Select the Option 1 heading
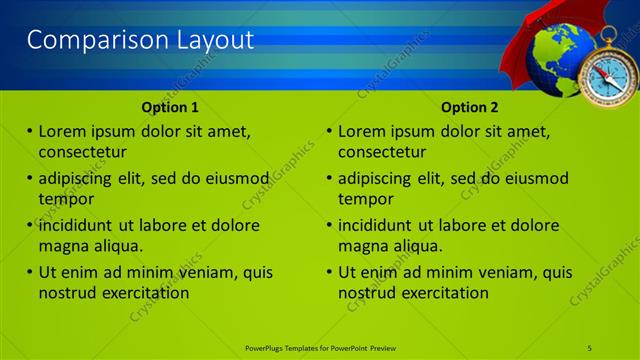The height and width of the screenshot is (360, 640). [x=170, y=107]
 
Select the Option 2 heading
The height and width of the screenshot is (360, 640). [x=470, y=107]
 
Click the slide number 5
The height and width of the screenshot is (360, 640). [x=590, y=346]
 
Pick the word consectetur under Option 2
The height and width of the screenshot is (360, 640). [x=382, y=152]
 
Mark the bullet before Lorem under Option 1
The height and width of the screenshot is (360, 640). [x=29, y=131]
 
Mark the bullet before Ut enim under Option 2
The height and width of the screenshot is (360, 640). [x=329, y=272]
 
